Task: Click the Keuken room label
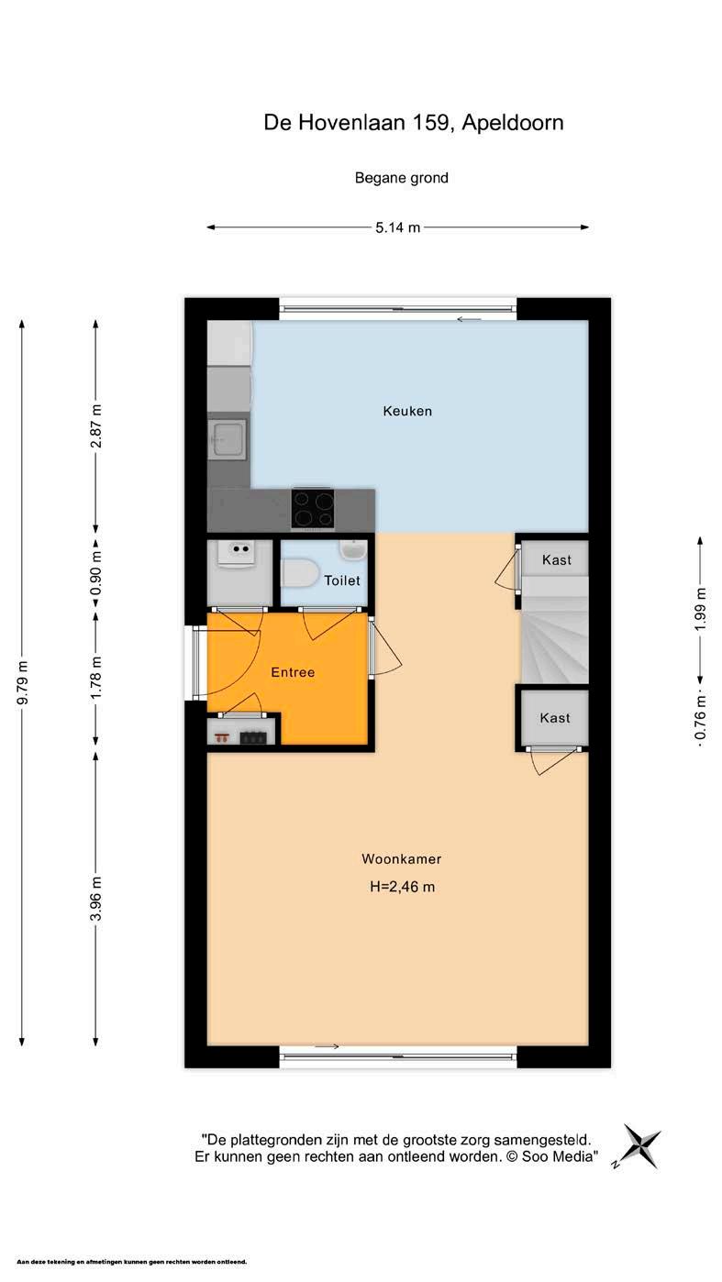[407, 411]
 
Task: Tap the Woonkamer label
[401, 858]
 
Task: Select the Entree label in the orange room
[293, 672]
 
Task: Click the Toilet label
[342, 580]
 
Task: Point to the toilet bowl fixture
[299, 573]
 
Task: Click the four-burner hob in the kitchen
[313, 509]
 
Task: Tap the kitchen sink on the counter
[228, 439]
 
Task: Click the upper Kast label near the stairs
[557, 559]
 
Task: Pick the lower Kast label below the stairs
[555, 718]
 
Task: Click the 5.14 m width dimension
[398, 227]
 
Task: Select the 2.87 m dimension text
[96, 426]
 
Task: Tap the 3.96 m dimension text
[96, 899]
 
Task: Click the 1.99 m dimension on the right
[700, 610]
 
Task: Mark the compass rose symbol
[640, 1146]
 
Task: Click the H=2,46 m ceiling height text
[402, 887]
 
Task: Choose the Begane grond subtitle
[401, 178]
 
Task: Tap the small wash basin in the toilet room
[352, 550]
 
